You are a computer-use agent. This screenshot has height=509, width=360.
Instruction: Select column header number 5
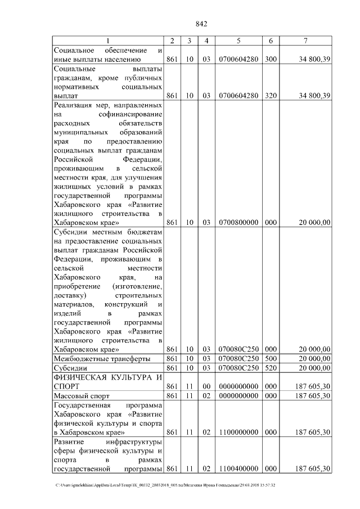coord(238,40)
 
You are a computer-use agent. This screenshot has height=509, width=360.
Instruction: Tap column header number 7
coord(305,40)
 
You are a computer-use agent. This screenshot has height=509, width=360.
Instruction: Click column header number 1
coord(108,40)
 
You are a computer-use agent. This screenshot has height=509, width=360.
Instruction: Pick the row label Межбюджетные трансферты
coord(101,358)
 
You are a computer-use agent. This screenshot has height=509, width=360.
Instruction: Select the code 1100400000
coord(238,469)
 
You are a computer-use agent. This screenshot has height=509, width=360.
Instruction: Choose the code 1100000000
coord(238,431)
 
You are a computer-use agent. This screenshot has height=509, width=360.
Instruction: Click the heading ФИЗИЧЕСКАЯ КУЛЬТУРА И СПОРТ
coord(107,381)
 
